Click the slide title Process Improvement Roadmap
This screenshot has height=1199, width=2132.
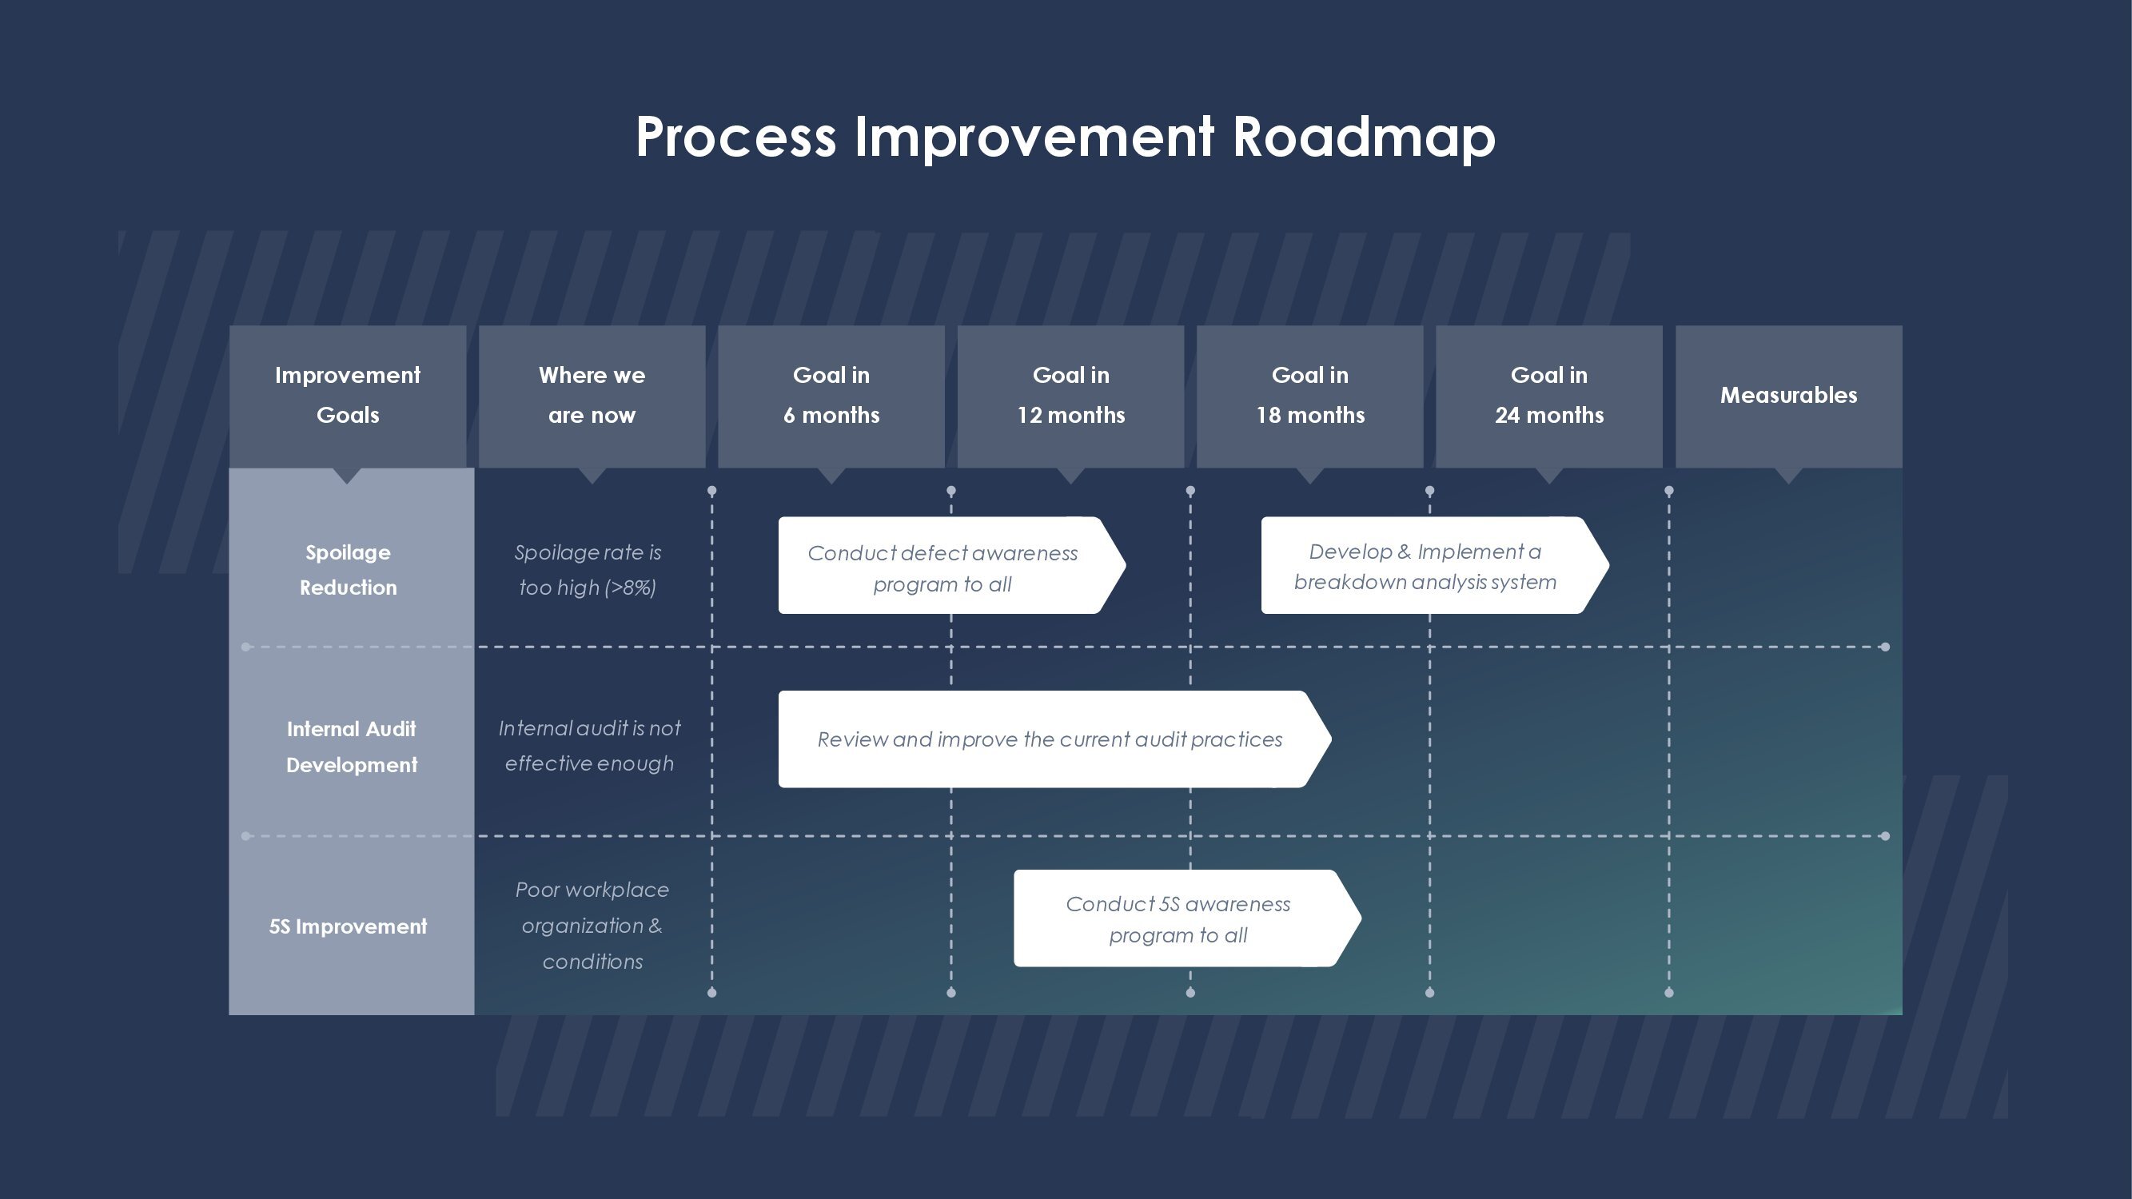click(1065, 137)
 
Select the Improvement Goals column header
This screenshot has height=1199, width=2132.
click(348, 396)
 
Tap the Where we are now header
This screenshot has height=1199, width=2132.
click(592, 396)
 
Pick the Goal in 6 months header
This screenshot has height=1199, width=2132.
click(831, 396)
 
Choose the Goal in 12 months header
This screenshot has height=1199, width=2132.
click(1070, 396)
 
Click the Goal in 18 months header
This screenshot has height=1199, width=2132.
click(1309, 396)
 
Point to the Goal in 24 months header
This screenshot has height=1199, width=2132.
click(1548, 396)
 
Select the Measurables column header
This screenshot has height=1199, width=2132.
click(1788, 396)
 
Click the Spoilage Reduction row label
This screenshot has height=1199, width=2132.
click(348, 570)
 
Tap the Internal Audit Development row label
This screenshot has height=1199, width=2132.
click(351, 747)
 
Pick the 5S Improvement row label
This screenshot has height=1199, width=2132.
click(348, 926)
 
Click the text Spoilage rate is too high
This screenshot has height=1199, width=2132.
click(588, 570)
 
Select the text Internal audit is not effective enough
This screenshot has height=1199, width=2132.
click(589, 747)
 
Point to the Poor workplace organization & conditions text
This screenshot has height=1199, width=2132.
click(592, 926)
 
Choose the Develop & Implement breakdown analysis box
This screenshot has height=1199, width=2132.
click(1434, 565)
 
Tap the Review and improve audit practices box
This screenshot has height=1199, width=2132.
click(1054, 739)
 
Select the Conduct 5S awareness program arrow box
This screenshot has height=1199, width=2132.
click(1187, 918)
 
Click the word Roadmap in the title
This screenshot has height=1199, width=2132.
click(1364, 137)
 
